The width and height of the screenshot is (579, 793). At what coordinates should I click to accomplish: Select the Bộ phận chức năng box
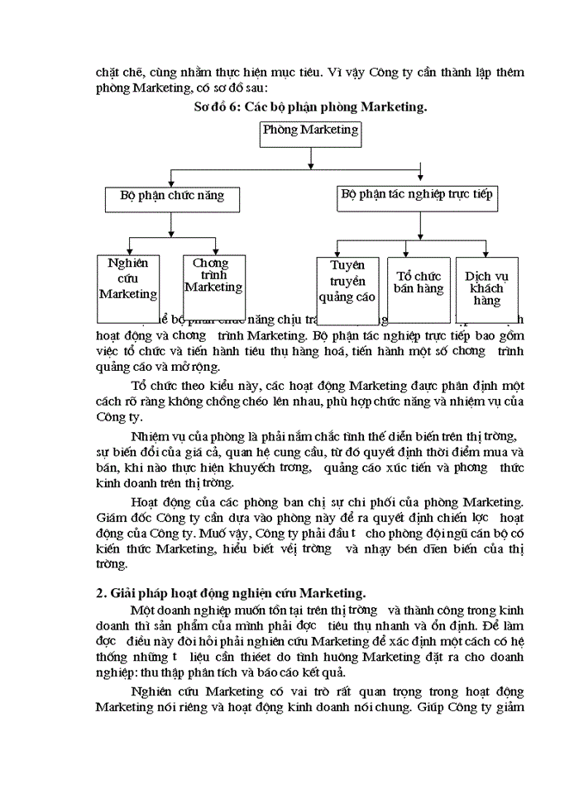171,199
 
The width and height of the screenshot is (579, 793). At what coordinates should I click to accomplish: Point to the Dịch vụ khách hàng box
487,288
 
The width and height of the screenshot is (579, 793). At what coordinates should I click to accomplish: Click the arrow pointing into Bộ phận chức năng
171,181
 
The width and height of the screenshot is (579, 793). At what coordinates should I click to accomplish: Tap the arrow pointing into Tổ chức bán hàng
408,250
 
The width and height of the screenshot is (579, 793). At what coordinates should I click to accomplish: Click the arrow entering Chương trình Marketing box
215,248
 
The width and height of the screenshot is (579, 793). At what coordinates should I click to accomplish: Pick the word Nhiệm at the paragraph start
151,437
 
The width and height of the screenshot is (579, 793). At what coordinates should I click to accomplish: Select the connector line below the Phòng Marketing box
311,158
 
